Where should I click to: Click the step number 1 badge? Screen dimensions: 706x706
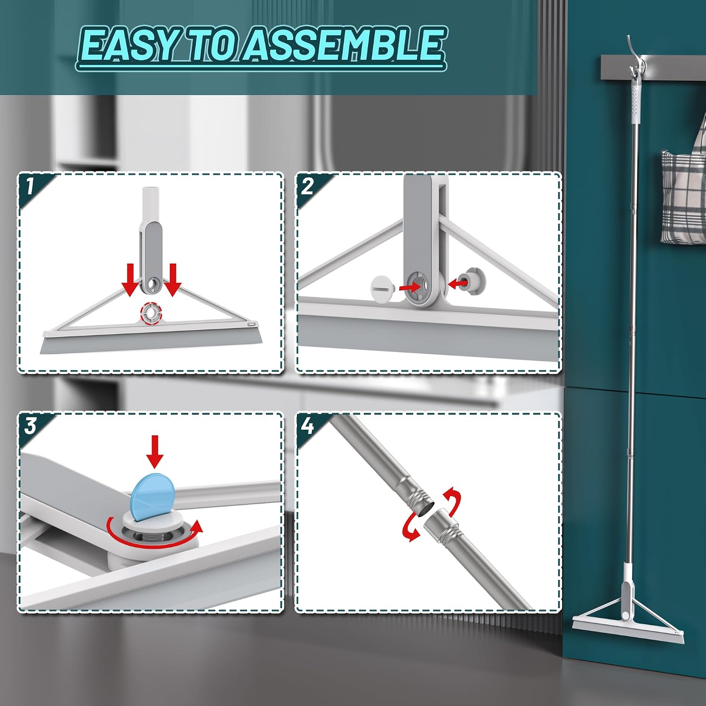point(31,186)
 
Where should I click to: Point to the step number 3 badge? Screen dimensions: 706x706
point(31,426)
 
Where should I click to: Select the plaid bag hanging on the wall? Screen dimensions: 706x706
point(683,198)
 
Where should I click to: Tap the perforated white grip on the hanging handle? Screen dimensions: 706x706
point(635,101)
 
